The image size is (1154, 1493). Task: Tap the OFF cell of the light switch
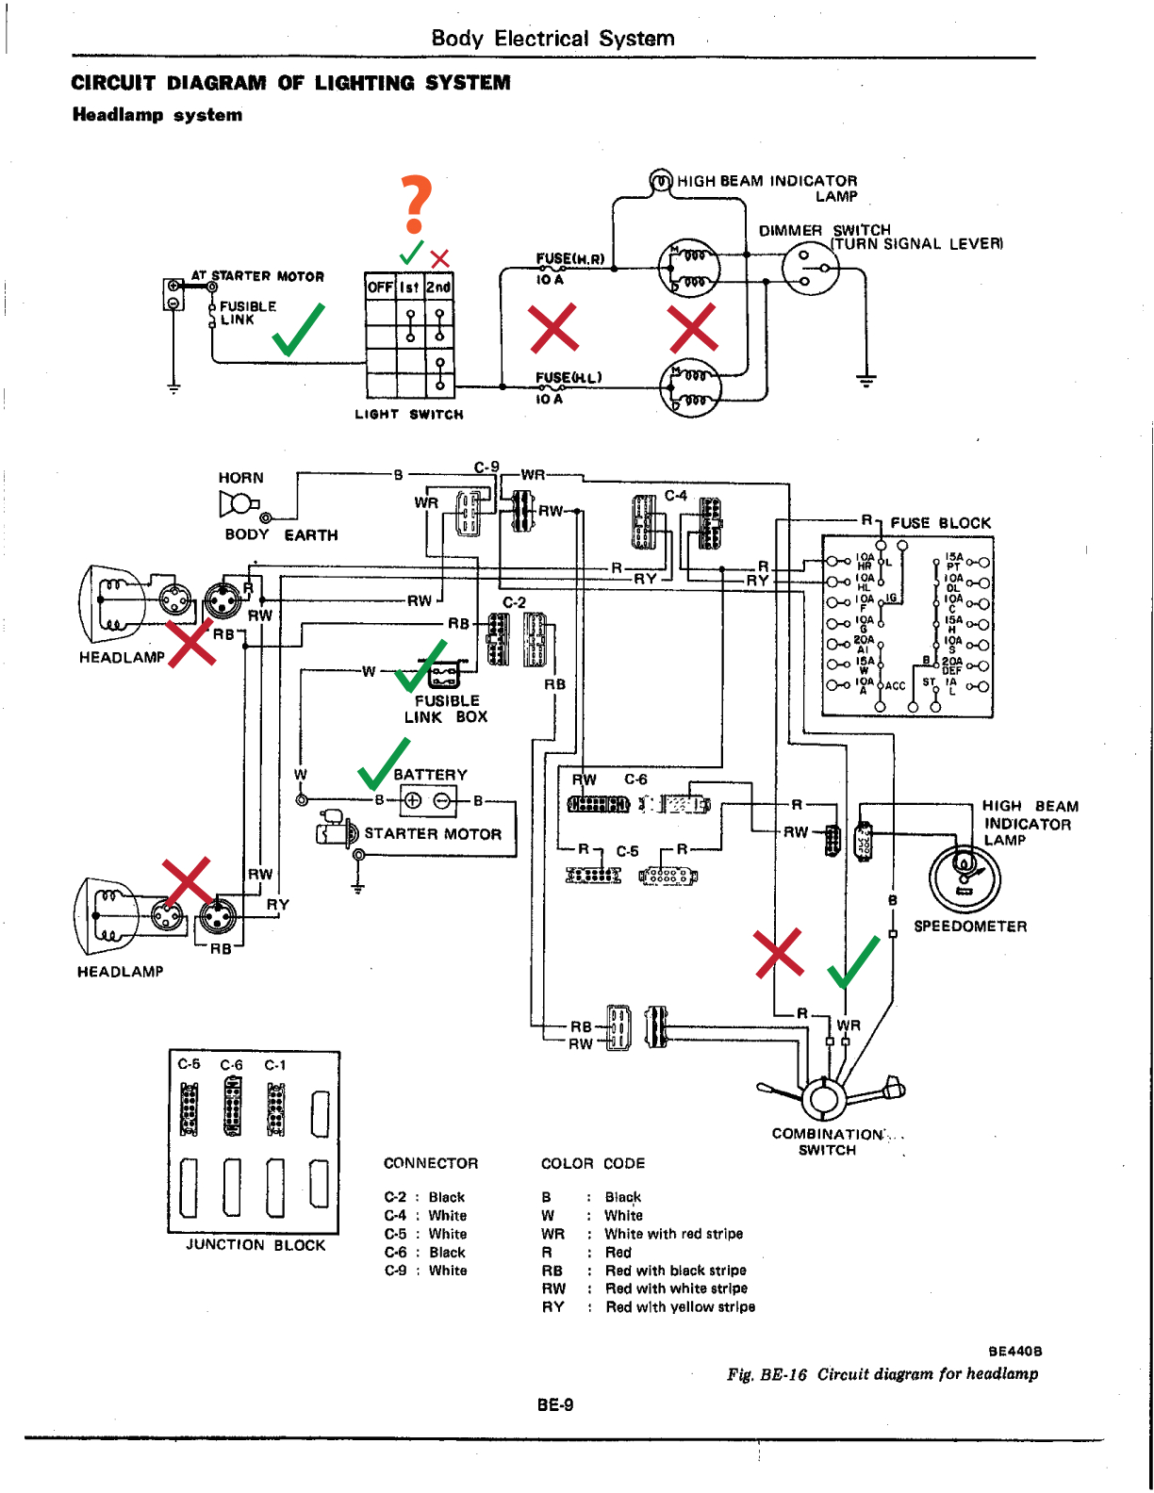380,287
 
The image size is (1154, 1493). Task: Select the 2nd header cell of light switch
438,287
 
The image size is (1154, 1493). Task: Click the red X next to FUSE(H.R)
553,328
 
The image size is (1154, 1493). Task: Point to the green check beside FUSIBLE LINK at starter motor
299,330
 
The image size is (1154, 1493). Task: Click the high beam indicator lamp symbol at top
661,180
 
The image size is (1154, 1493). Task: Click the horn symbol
238,505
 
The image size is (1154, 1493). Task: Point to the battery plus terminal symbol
412,801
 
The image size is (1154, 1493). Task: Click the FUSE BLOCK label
940,523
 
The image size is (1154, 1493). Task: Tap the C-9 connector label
486,468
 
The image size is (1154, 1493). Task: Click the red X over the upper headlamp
191,643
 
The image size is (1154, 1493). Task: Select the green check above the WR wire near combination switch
854,960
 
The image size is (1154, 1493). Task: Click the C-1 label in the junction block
275,1065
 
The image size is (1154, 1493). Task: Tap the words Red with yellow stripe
680,1307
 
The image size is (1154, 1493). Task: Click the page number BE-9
554,1405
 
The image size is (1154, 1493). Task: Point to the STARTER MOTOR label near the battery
433,834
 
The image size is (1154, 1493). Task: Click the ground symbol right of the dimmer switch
866,380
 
